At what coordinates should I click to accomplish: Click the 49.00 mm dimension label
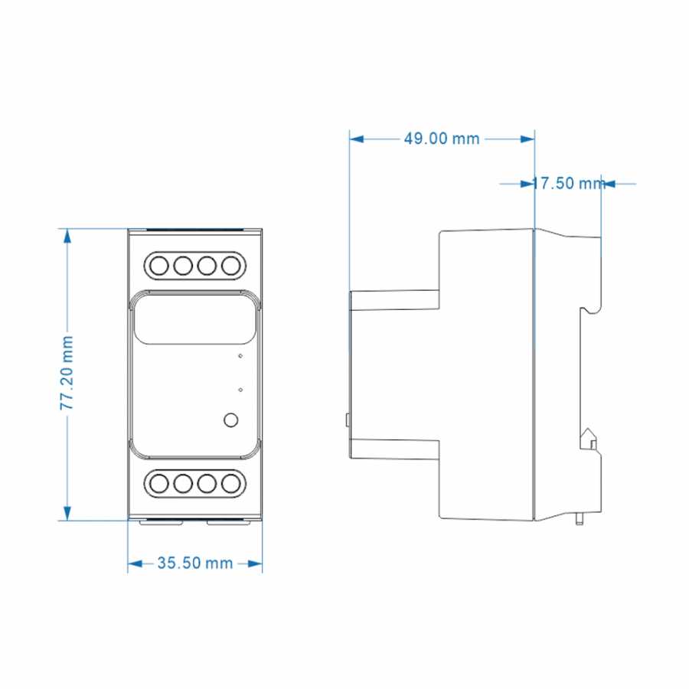coord(441,139)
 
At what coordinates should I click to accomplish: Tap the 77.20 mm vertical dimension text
coord(67,373)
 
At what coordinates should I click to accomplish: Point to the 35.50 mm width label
coord(194,563)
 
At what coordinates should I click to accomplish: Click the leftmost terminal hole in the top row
coord(159,266)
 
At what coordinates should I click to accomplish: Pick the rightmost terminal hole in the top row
coord(230,266)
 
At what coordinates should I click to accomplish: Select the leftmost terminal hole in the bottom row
coord(159,484)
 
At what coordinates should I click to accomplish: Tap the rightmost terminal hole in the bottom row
coord(230,484)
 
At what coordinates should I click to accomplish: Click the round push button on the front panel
coord(231,420)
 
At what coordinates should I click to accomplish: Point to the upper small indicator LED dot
coord(240,355)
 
